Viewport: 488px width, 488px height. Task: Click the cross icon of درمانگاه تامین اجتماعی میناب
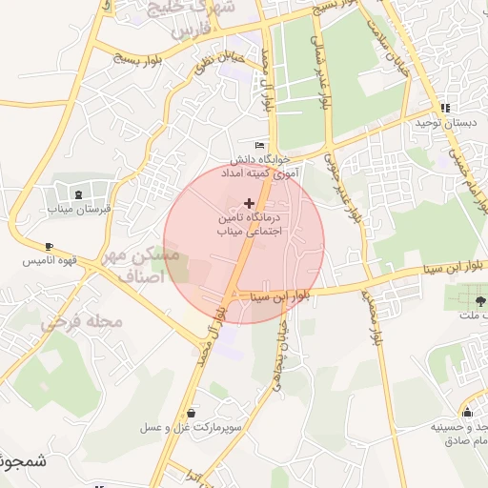pyautogui.click(x=250, y=202)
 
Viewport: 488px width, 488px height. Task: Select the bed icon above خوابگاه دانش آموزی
pyautogui.click(x=260, y=145)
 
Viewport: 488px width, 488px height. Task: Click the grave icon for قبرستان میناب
pyautogui.click(x=78, y=193)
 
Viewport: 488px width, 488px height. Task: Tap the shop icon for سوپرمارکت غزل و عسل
pyautogui.click(x=193, y=413)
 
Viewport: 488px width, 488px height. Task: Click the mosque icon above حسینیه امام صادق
pyautogui.click(x=467, y=413)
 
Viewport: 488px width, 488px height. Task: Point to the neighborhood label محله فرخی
pyautogui.click(x=82, y=321)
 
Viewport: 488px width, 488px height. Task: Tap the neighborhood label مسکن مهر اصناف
pyautogui.click(x=152, y=266)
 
